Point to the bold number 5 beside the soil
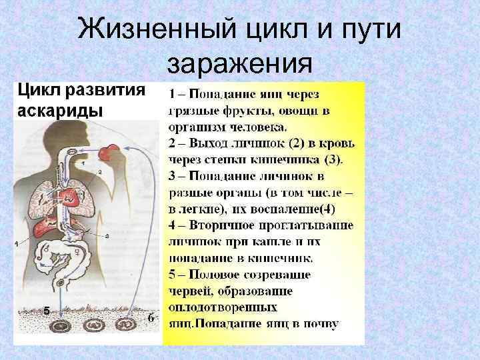(47, 311)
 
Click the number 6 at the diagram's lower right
(151, 318)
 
